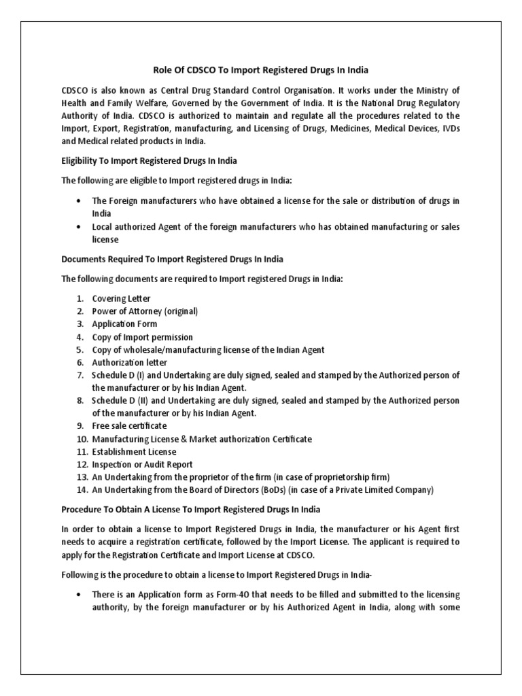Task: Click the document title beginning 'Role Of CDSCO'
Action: point(261,69)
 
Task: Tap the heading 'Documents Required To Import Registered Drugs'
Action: point(172,260)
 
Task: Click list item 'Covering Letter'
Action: point(122,299)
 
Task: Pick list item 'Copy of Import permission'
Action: point(143,337)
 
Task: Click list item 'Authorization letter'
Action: point(130,363)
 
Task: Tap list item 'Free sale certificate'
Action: point(129,426)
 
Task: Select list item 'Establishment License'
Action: point(134,452)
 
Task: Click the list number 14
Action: point(80,490)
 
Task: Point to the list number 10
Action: point(80,439)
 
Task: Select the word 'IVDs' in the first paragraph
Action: point(449,129)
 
